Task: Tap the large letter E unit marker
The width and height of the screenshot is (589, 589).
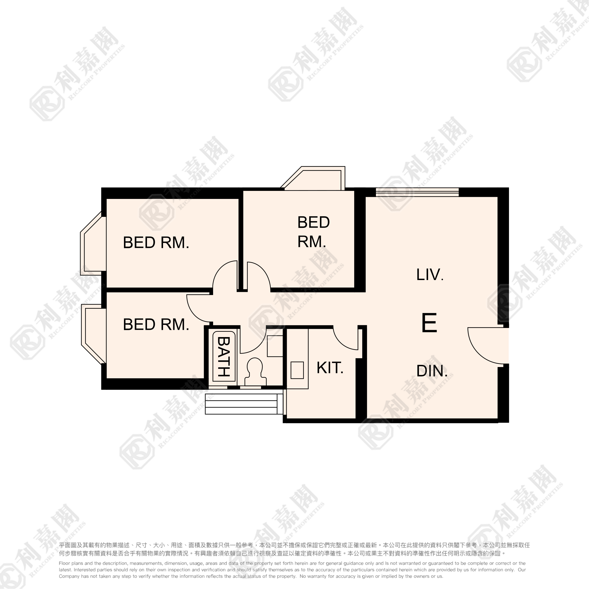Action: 429,323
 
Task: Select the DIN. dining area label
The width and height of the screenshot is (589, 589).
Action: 432,371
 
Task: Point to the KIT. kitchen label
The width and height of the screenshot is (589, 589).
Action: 330,368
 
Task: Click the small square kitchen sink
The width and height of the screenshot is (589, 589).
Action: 297,370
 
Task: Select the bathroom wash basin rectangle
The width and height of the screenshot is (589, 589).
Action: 275,346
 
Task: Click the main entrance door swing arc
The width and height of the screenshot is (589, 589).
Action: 485,348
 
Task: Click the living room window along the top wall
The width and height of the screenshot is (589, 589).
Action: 417,192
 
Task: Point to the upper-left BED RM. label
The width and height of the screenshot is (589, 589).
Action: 156,243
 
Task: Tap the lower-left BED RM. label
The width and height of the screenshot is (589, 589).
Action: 156,324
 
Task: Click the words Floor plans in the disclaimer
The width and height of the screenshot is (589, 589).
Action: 71,563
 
